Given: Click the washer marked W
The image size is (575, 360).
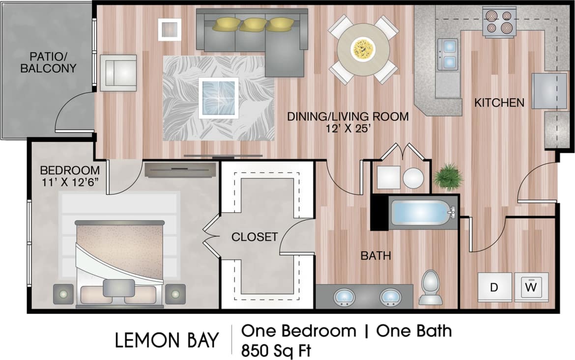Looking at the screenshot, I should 531,286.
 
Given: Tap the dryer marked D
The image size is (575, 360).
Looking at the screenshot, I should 494,286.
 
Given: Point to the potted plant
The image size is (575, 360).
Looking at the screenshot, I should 448,177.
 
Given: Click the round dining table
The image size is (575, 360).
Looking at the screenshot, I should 363,49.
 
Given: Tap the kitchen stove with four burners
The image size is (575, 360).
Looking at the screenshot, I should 499,22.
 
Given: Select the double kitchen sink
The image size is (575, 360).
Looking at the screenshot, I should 449,54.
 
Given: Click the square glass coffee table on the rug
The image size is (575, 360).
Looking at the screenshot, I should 219,97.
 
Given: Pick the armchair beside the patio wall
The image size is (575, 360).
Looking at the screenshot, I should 118,73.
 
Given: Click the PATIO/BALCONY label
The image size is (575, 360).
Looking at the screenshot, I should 48,62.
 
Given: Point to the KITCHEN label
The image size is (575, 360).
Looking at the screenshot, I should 499,103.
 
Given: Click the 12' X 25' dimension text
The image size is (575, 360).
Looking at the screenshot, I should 347,129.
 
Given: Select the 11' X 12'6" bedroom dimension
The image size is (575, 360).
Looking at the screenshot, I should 70,183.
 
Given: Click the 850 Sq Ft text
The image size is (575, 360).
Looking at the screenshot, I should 276,350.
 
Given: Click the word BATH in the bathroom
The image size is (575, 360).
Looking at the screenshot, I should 376,255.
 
